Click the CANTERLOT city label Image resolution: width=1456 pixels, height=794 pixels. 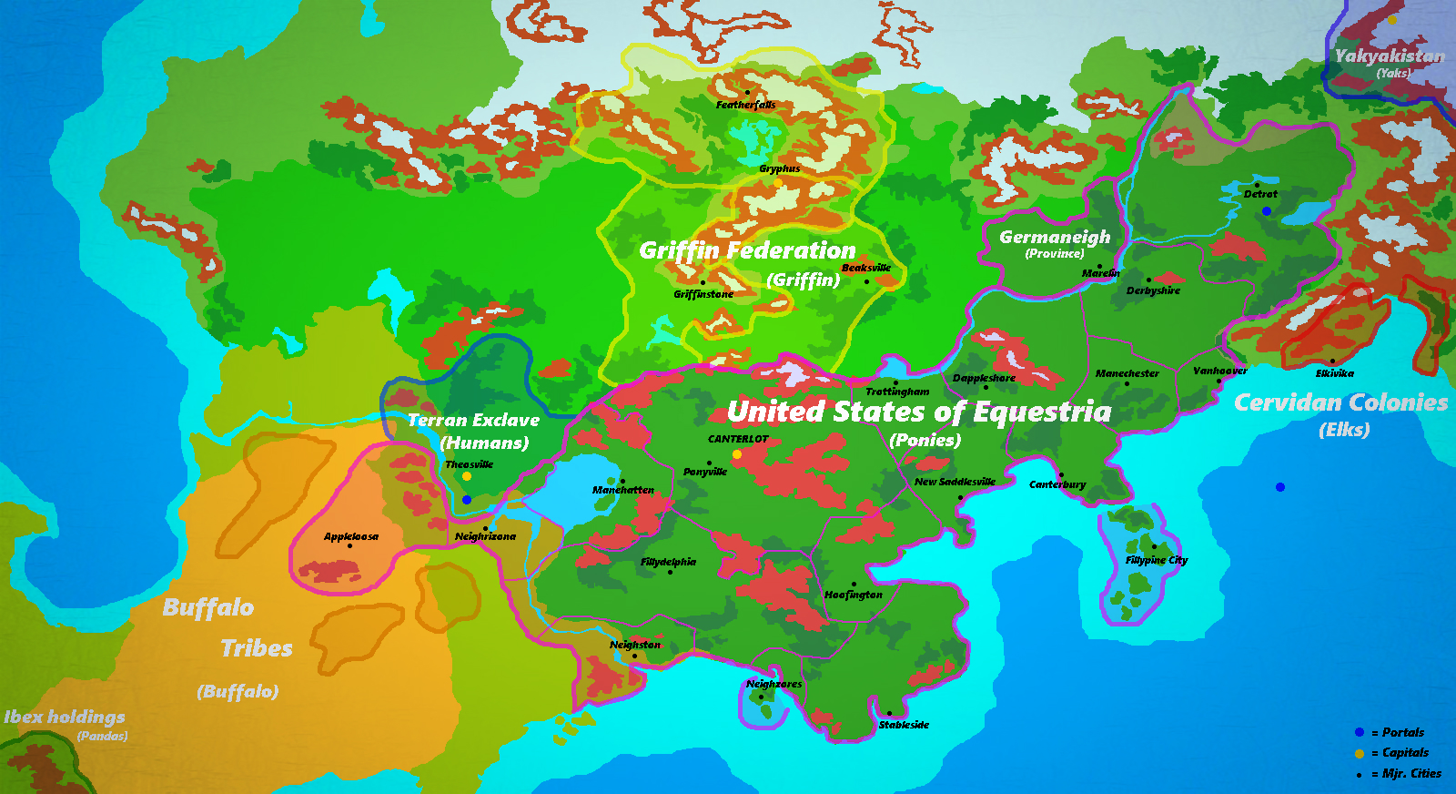coord(738,439)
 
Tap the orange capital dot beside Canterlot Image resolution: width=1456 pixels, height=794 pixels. coord(737,453)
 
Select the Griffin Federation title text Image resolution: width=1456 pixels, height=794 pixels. coord(747,250)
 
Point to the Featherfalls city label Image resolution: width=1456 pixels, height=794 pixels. coord(745,105)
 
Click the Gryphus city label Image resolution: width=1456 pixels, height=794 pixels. coord(780,168)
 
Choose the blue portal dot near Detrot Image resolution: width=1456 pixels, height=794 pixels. coord(1266,211)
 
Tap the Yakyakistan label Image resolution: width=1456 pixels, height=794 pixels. coord(1389,56)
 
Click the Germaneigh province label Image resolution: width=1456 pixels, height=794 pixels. coord(1055,238)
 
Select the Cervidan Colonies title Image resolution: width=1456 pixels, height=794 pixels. coord(1340,402)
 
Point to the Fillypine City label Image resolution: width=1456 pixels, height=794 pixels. coord(1156,560)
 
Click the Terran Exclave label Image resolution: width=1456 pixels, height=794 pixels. coord(473,420)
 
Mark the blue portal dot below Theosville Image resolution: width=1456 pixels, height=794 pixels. coord(467,500)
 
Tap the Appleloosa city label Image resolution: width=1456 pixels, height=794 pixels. coord(351,536)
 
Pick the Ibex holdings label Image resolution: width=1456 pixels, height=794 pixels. coord(65,718)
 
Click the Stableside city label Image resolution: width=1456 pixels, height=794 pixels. coord(904,725)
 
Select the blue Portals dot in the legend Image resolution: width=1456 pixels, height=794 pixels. coord(1360,732)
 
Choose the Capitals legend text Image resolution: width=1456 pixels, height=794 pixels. coord(1405,753)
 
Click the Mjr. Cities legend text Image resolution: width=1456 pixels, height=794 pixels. coord(1411,774)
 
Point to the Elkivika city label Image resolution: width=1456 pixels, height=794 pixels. coord(1334,373)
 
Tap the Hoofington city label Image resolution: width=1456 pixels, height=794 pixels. coord(854,595)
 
